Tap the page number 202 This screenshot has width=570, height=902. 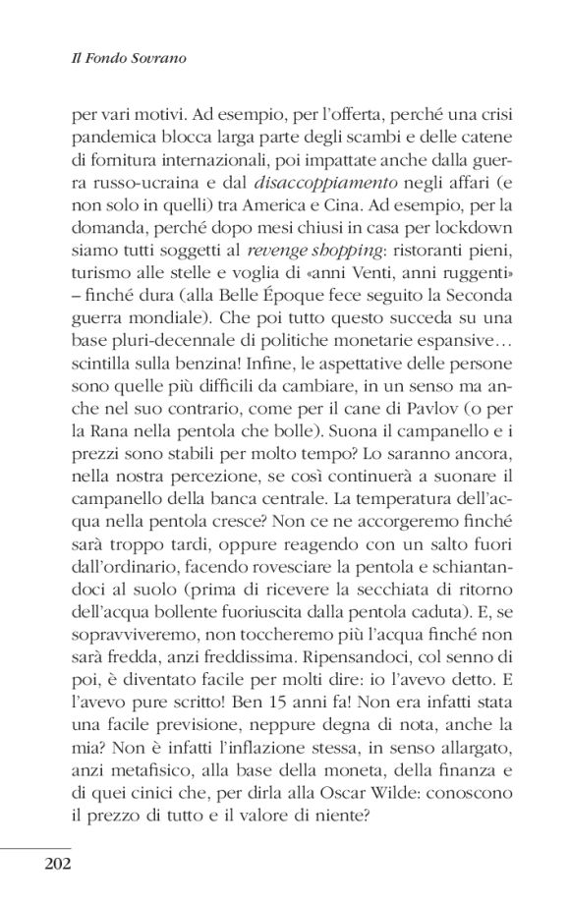tap(59, 865)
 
